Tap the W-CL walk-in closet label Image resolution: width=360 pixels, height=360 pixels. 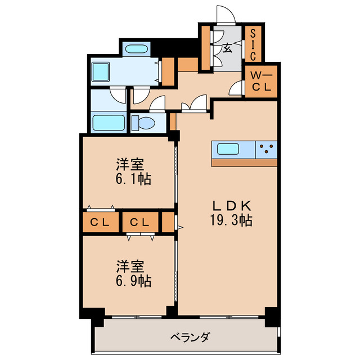(x=260, y=80)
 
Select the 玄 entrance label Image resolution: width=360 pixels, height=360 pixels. (x=227, y=48)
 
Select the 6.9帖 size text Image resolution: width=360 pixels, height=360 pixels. (x=130, y=281)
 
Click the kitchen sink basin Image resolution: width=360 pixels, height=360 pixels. (x=229, y=150)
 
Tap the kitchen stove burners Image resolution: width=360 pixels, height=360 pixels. (x=267, y=150)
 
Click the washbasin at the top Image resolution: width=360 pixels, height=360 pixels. (x=136, y=49)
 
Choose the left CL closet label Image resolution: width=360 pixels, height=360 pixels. (x=100, y=222)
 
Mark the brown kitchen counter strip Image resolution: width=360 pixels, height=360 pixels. (x=245, y=163)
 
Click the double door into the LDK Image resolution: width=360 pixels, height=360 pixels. (x=193, y=106)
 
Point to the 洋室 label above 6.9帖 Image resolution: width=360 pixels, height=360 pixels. (x=130, y=265)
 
